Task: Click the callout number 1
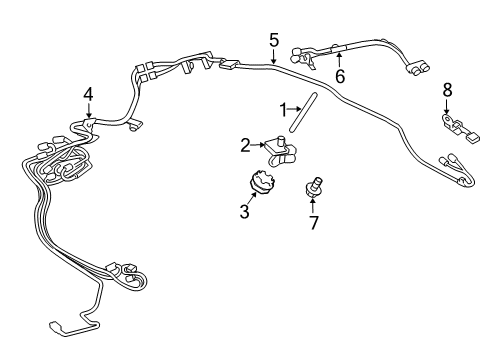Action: click(x=283, y=108)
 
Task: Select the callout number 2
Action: click(x=245, y=146)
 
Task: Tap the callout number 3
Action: click(x=244, y=213)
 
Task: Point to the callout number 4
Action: click(x=88, y=94)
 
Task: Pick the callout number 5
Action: click(x=273, y=40)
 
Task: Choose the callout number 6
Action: click(x=339, y=75)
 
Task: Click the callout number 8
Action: click(x=446, y=90)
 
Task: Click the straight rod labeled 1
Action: click(x=301, y=112)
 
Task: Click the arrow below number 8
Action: click(x=446, y=108)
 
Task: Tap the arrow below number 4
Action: click(x=88, y=112)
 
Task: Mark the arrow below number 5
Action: click(x=273, y=57)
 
